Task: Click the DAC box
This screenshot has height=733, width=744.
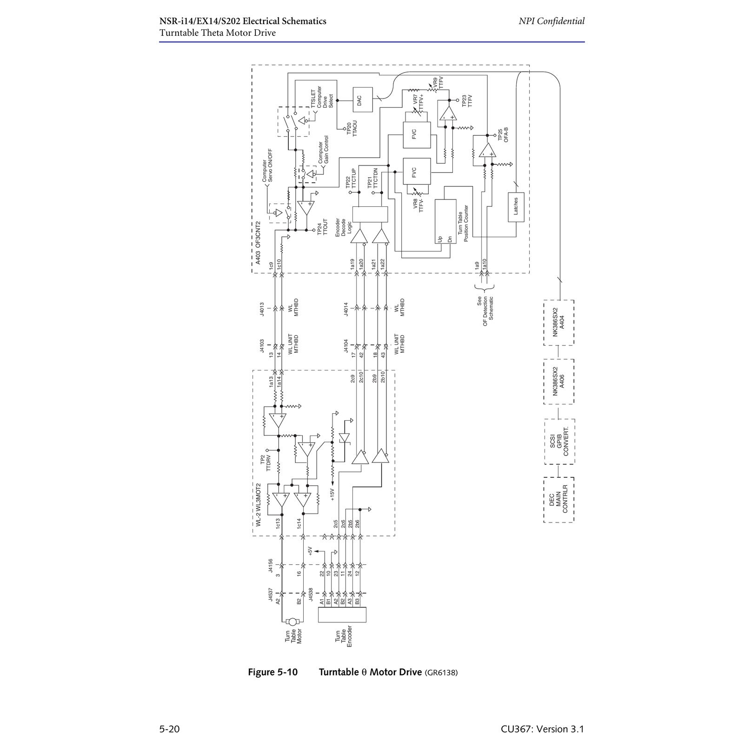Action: click(x=363, y=100)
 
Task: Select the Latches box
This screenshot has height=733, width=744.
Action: click(x=516, y=207)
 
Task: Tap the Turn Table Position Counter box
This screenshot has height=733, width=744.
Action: click(x=445, y=222)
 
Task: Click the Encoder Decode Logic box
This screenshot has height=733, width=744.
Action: click(x=370, y=214)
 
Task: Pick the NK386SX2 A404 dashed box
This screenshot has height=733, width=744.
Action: click(x=558, y=323)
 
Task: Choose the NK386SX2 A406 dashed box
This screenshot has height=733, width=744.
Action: click(x=558, y=382)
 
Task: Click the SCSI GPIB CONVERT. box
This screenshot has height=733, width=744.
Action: click(x=559, y=442)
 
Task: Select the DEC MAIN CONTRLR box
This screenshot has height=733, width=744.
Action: click(x=558, y=500)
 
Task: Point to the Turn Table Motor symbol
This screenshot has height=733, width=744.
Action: click(x=293, y=621)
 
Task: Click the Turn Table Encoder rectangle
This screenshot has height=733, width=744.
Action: click(x=342, y=614)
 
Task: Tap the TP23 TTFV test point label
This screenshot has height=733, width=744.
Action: click(x=467, y=101)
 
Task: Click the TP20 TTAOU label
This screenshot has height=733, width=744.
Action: click(x=352, y=128)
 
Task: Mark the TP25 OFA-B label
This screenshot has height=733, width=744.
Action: click(x=503, y=134)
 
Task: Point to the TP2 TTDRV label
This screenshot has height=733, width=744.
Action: click(x=266, y=463)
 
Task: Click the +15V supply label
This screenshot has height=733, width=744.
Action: click(x=332, y=494)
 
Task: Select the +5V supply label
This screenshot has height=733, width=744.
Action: click(x=310, y=552)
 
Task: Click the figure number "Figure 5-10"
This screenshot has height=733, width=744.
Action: click(x=273, y=672)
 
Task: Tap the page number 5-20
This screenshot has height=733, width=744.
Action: click(x=169, y=728)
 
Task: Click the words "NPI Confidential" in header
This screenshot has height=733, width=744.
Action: click(x=551, y=21)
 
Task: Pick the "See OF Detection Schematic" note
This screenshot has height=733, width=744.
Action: click(x=485, y=308)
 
